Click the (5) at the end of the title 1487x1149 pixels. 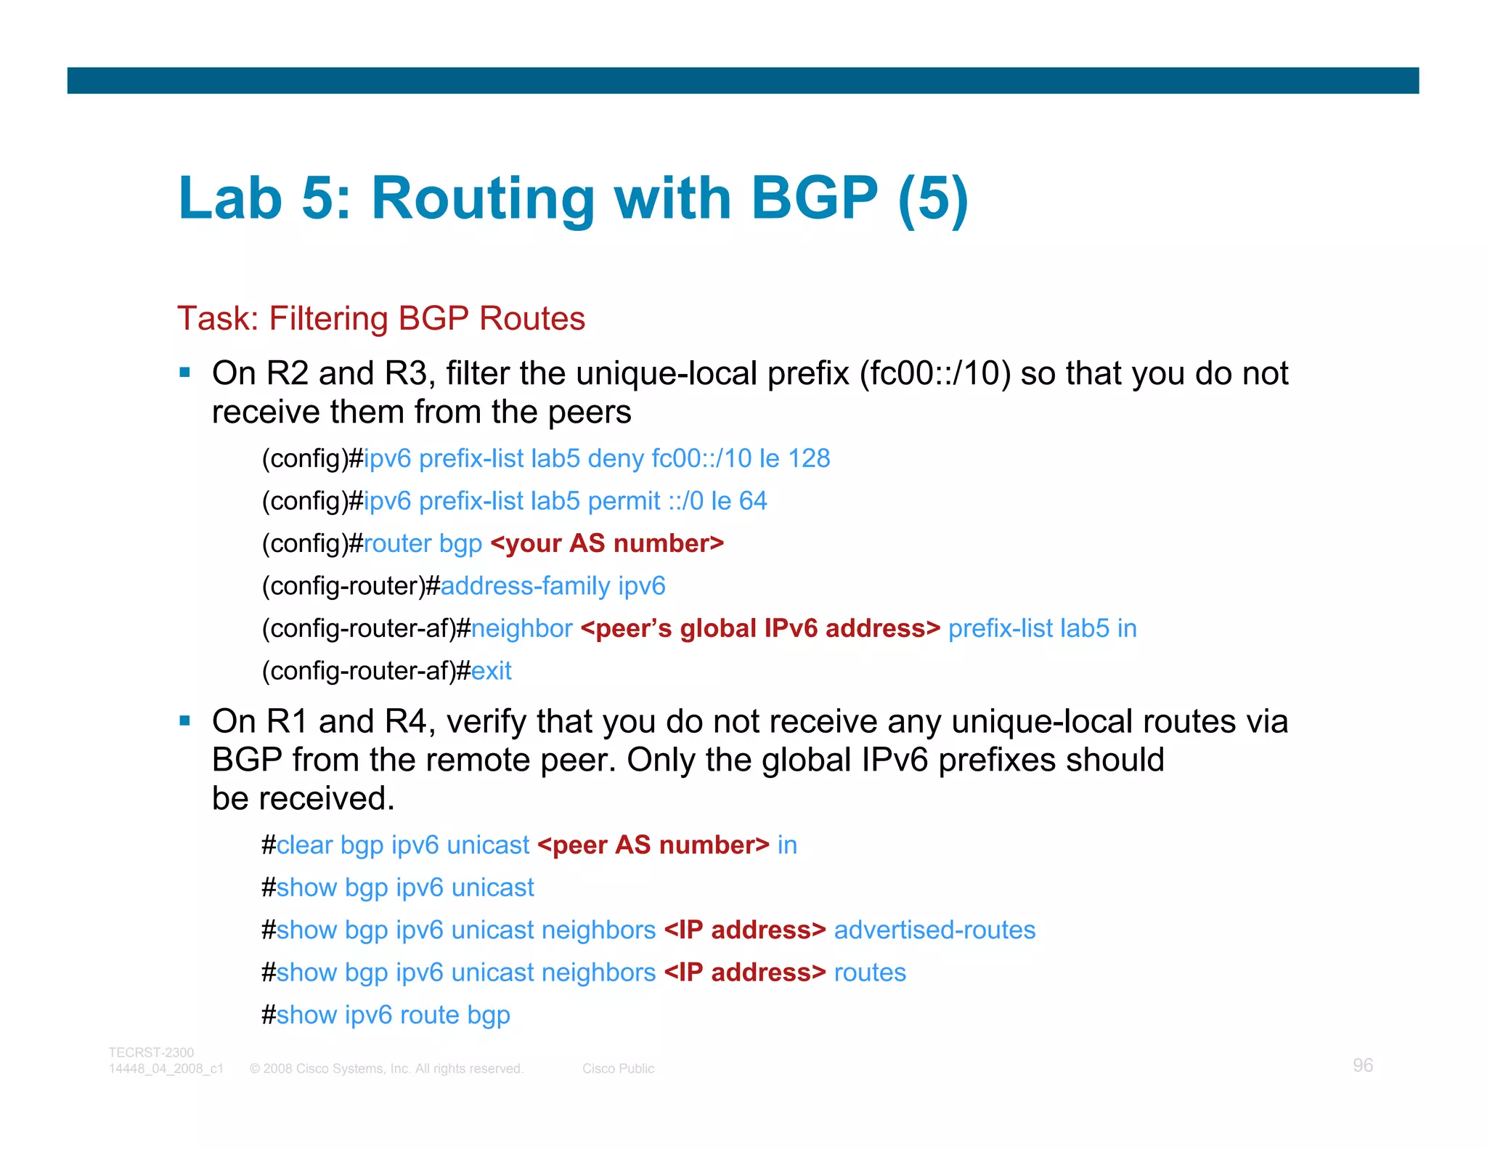tap(932, 198)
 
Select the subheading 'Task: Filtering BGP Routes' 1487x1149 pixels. tap(381, 319)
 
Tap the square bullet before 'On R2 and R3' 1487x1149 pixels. tap(185, 373)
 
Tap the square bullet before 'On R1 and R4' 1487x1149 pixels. tap(185, 721)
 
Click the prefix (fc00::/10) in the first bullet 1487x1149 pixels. tap(935, 373)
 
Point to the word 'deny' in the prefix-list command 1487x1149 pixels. tap(616, 459)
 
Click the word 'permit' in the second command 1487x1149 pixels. tap(624, 501)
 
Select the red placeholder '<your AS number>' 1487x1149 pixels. tap(607, 543)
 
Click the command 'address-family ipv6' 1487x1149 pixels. tap(553, 586)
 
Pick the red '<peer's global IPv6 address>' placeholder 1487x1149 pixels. tap(760, 628)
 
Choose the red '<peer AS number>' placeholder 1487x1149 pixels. tap(653, 845)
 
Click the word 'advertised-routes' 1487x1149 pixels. tap(934, 930)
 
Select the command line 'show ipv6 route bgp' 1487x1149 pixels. tap(393, 1015)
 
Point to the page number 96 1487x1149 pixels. tap(1362, 1065)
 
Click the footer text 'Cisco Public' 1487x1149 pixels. tap(618, 1069)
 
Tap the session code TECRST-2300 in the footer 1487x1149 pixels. tap(151, 1052)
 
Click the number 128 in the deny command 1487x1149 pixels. tap(809, 459)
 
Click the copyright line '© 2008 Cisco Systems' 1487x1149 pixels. tap(386, 1069)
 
